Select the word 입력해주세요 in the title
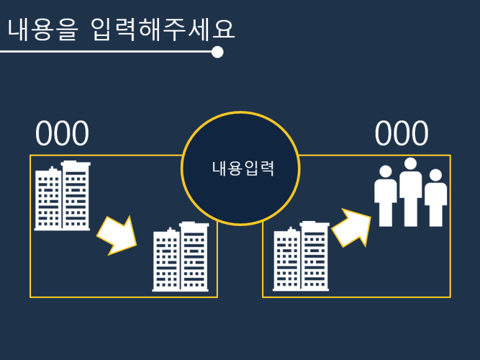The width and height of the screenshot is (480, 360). tap(163, 29)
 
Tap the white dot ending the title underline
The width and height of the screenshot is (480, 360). tap(217, 52)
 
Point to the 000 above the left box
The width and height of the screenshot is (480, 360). tap(62, 134)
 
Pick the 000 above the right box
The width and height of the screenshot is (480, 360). tap(402, 133)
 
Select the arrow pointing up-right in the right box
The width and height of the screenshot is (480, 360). tap(351, 227)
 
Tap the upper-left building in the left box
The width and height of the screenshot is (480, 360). tap(62, 196)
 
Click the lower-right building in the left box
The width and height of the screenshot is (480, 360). tap(181, 256)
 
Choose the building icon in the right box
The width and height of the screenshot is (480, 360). tap(301, 256)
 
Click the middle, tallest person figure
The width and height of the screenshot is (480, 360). tap(410, 192)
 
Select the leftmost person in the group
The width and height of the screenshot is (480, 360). tap(386, 197)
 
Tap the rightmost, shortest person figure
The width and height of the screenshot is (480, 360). tap(436, 199)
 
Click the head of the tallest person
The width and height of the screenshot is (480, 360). tap(410, 164)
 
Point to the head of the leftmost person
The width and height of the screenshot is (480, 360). tap(386, 171)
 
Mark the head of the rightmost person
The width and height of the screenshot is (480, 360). tap(436, 175)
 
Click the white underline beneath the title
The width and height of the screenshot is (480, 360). tap(106, 52)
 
